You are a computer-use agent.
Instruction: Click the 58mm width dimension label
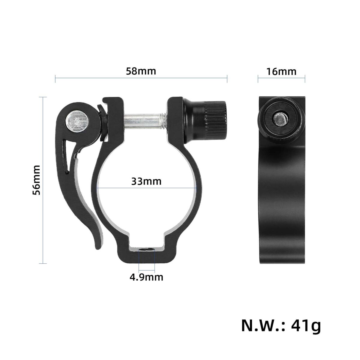point(141,71)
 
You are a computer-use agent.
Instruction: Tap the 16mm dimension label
point(281,72)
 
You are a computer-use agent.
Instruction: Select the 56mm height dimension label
point(36,180)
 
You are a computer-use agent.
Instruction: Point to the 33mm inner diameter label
point(146,181)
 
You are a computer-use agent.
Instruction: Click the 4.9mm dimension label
point(146,277)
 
